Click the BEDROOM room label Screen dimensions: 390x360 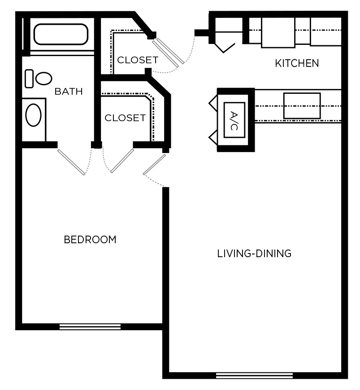90,240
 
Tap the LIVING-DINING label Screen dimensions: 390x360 254,254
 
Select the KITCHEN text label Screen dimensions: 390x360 297,63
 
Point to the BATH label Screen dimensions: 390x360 69,92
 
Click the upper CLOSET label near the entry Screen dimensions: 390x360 138,60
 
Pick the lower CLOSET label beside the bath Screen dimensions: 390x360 125,118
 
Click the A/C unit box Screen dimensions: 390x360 234,120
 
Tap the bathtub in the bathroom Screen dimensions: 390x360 61,34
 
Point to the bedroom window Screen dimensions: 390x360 90,327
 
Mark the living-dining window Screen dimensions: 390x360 254,375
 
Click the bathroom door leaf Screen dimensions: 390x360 71,162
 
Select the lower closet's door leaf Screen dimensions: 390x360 122,161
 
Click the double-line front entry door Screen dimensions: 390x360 168,52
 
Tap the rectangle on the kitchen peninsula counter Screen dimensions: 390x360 302,106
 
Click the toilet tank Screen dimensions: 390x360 29,79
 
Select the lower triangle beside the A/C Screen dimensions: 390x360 213,137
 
